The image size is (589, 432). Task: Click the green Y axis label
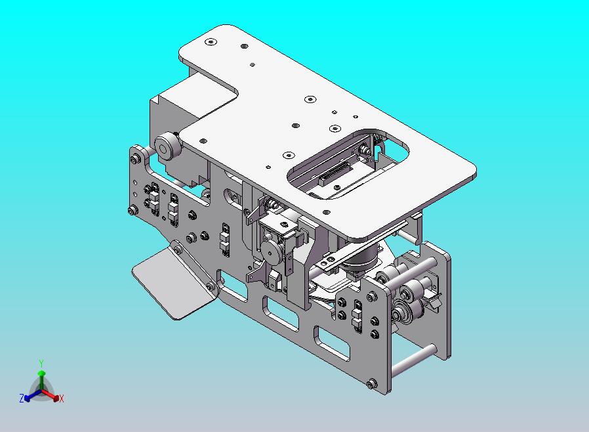tap(41, 363)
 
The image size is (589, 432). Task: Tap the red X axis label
tap(62, 399)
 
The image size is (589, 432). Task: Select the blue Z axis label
tap(22, 398)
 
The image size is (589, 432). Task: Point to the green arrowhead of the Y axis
tap(42, 373)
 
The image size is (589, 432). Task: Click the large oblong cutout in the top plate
tap(348, 164)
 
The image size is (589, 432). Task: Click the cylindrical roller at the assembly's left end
tap(167, 146)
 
